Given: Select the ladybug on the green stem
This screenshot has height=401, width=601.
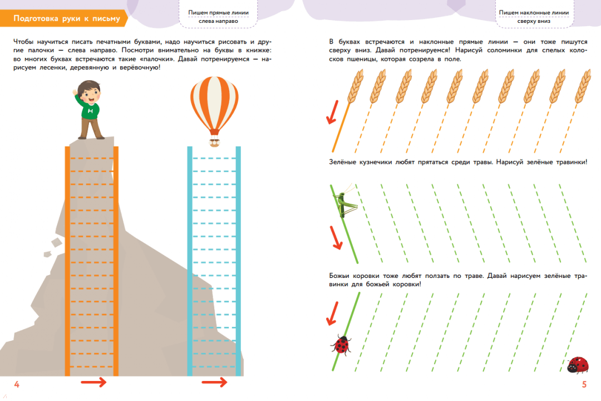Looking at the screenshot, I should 341,344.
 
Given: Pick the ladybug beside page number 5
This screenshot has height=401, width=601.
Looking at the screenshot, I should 578,365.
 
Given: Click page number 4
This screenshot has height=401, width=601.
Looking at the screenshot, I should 17,384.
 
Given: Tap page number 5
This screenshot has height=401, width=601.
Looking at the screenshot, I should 584,384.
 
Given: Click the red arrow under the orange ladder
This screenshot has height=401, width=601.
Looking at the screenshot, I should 93,382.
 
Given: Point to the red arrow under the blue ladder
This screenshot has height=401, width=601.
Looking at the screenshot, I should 214,382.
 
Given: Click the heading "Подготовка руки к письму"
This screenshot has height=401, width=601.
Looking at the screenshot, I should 66,18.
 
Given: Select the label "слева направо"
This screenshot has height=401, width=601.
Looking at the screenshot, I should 218,22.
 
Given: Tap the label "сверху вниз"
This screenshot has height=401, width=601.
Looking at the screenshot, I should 533,22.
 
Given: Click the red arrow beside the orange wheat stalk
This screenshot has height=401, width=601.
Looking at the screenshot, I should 332,112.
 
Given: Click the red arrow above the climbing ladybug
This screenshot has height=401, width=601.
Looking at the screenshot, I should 333,313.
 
